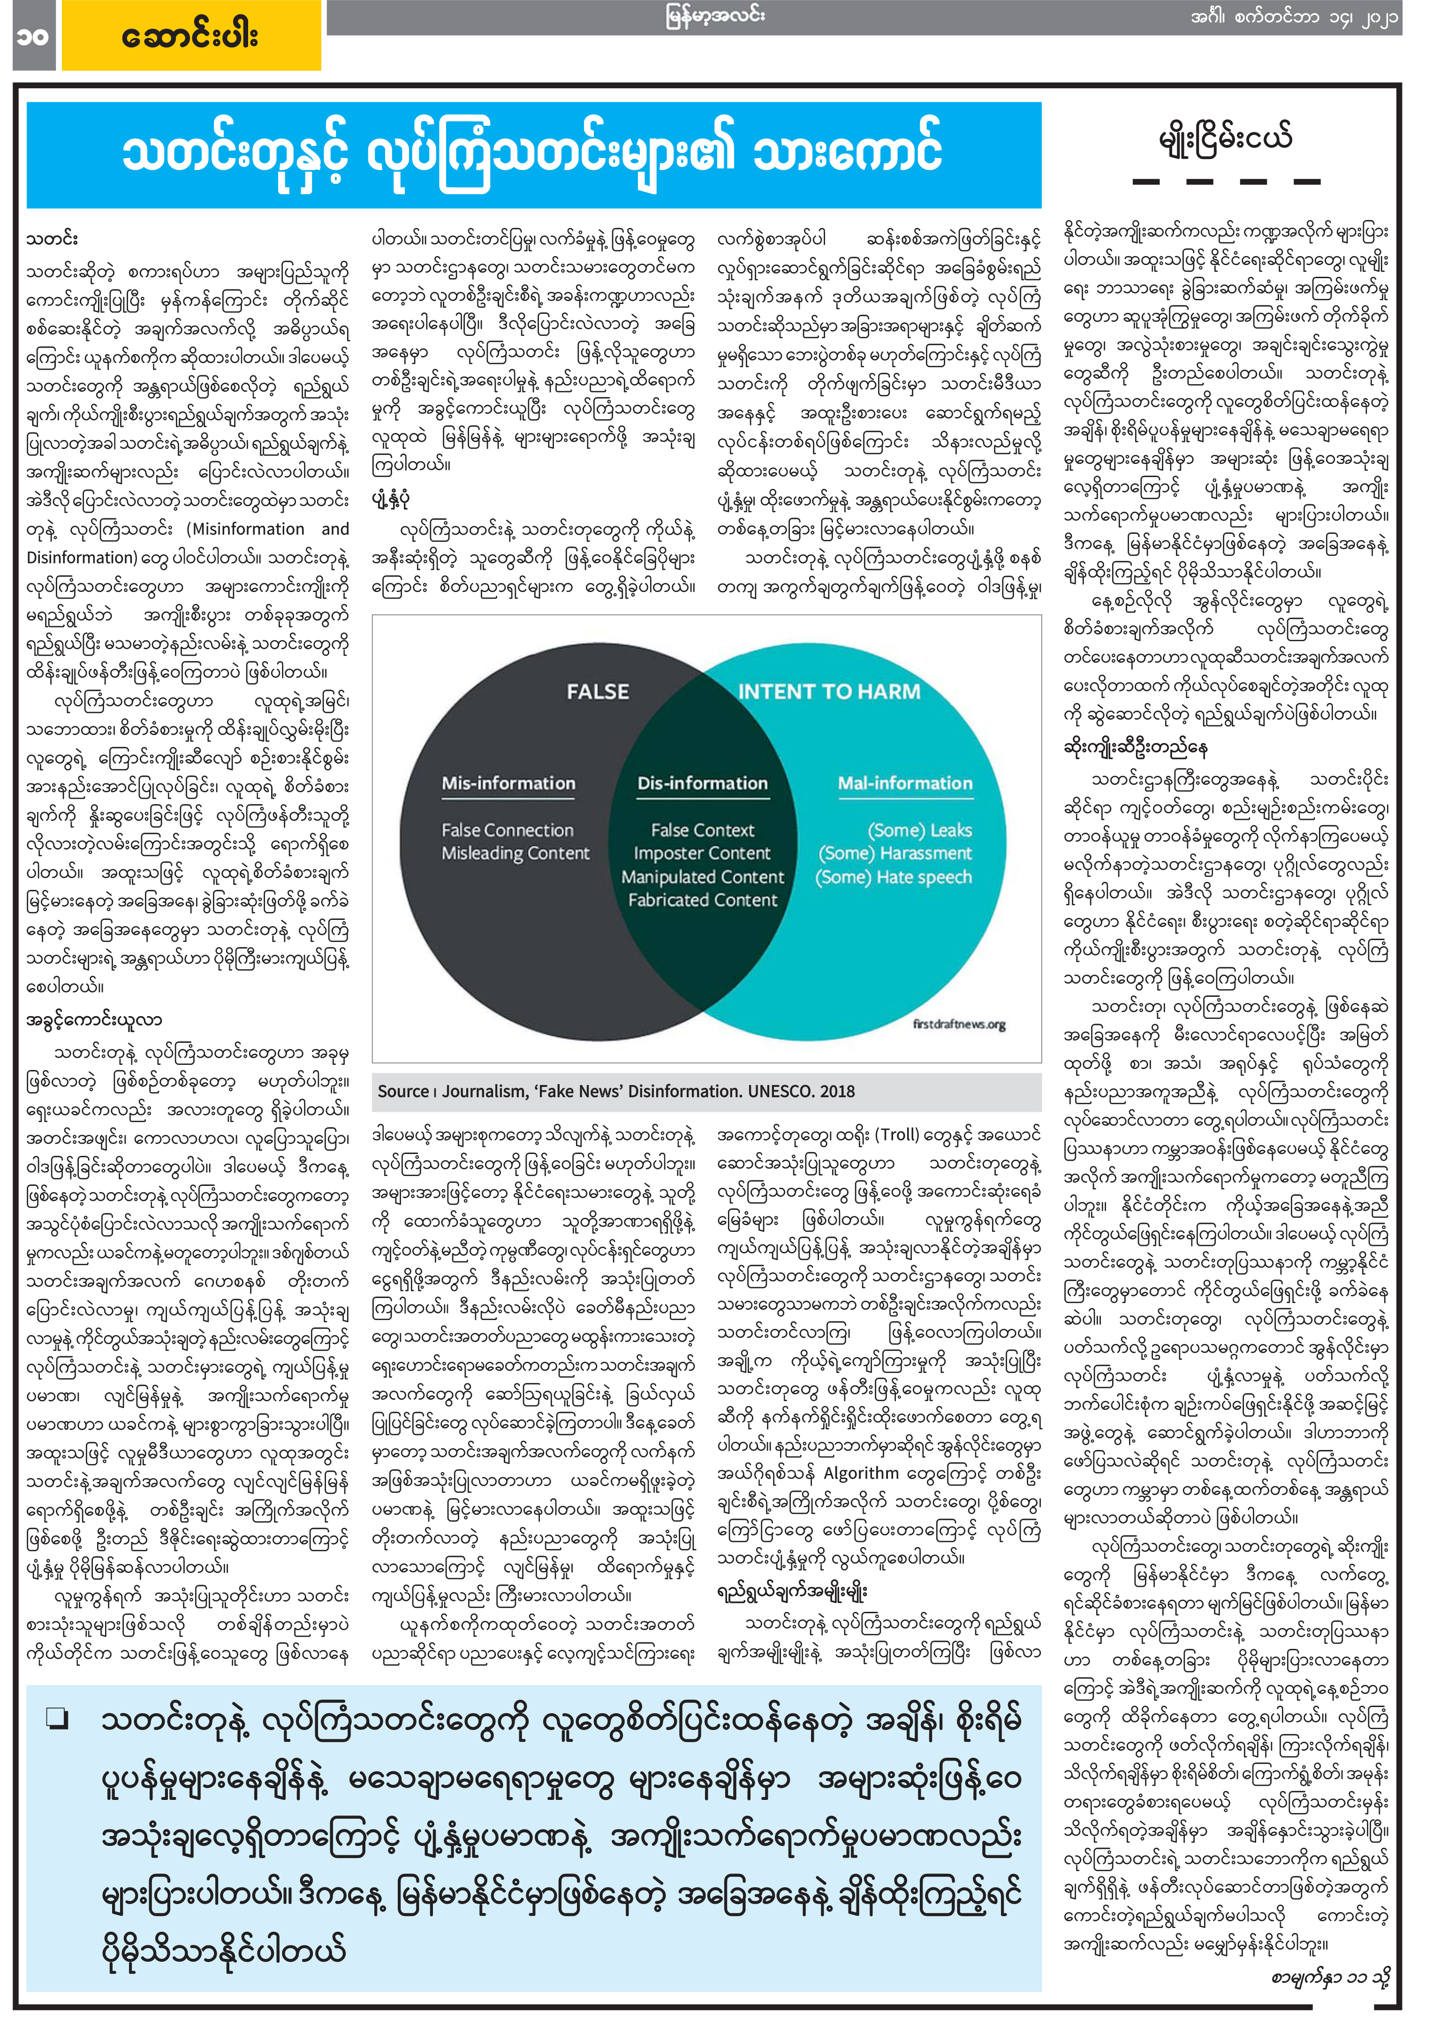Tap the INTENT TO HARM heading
829,691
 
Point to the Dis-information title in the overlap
702,783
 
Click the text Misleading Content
515,853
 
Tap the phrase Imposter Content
702,853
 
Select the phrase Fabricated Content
702,900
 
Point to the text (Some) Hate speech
894,877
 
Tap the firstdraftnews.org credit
959,1025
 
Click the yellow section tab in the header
190,36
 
